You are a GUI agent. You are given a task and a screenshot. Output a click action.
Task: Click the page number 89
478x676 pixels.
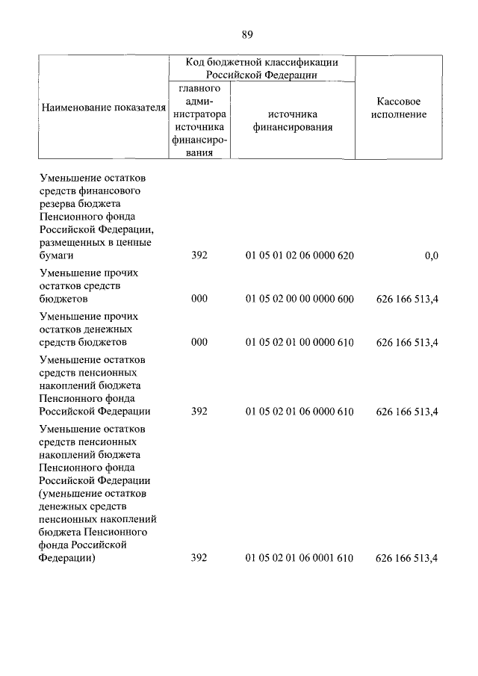[248, 34]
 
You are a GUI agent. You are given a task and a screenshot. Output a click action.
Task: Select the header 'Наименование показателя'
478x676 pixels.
[103, 108]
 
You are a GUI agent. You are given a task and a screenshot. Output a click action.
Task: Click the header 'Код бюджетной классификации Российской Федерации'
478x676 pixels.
[261, 68]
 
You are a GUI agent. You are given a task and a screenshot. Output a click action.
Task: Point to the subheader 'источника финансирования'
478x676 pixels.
[292, 120]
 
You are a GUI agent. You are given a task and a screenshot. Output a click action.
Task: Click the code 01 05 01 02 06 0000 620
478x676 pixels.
[299, 255]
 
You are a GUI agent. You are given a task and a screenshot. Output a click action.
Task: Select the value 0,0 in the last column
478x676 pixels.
[431, 255]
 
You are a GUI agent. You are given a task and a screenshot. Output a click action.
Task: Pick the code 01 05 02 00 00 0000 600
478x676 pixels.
[299, 299]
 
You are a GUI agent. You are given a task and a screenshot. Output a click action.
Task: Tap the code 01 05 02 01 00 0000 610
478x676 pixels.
[299, 342]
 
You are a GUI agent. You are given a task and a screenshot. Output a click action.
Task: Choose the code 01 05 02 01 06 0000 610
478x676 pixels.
[299, 411]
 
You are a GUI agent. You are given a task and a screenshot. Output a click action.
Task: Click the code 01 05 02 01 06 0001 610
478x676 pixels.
[299, 558]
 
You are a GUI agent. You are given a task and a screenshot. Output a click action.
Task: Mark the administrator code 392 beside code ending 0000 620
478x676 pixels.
[199, 255]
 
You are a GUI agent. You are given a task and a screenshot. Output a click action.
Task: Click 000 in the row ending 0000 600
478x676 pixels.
[199, 299]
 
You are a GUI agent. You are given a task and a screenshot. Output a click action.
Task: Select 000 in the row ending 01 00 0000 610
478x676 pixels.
[199, 342]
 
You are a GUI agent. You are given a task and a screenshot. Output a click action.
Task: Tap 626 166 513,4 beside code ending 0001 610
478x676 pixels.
[407, 558]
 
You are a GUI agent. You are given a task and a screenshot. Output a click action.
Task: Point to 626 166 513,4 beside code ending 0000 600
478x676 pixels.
[407, 299]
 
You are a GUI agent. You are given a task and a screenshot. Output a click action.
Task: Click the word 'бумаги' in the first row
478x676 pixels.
[56, 255]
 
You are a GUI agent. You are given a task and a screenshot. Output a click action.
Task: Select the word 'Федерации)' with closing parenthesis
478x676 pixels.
[66, 558]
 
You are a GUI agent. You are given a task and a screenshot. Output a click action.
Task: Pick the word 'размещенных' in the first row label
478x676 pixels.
[71, 242]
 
